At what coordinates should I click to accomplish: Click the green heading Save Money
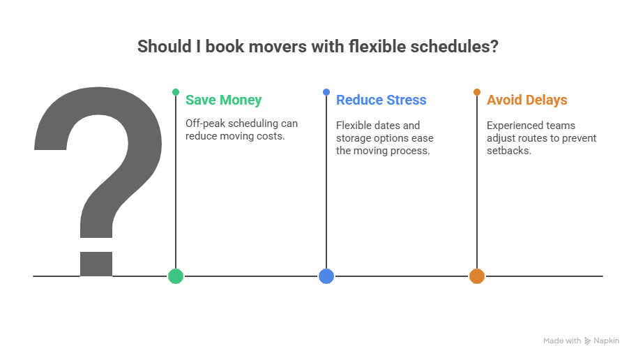(x=223, y=100)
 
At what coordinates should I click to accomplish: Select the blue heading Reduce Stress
(x=381, y=100)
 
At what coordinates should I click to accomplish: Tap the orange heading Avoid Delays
(x=527, y=100)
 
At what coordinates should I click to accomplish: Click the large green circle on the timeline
(x=176, y=276)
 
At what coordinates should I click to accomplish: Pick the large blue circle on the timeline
(x=326, y=276)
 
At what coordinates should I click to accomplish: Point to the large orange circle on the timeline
(x=477, y=276)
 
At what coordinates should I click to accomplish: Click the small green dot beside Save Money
(x=176, y=92)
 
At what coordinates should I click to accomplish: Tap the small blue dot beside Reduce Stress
(x=326, y=92)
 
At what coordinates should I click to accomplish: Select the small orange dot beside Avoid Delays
(x=477, y=92)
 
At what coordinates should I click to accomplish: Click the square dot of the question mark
(x=96, y=263)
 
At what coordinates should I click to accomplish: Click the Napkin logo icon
(x=588, y=341)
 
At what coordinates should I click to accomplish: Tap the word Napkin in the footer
(x=606, y=341)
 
